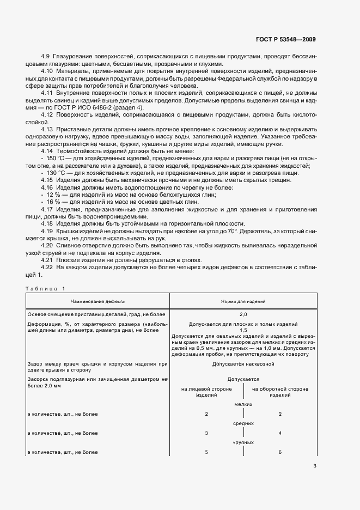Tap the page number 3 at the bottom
(x=315, y=466)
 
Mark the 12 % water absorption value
(x=53, y=195)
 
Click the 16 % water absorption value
(x=53, y=202)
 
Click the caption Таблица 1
(x=45, y=288)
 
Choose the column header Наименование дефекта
(x=97, y=301)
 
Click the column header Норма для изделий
(x=243, y=301)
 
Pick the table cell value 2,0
(x=243, y=315)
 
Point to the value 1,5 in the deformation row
(x=243, y=330)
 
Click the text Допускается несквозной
(x=243, y=363)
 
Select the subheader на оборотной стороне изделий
(x=279, y=392)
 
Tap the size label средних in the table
(x=243, y=423)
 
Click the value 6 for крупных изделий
(x=279, y=452)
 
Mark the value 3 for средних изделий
(x=206, y=433)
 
